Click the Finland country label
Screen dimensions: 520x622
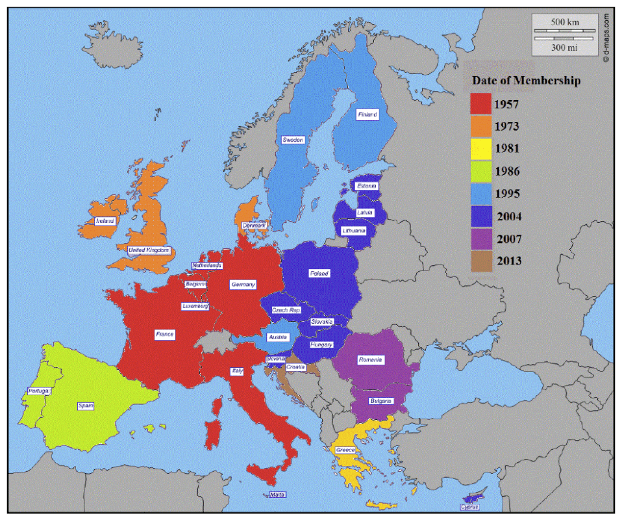click(367, 115)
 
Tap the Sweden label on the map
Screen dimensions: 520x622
click(292, 140)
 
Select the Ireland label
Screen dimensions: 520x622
click(105, 221)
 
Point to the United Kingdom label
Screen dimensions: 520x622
click(149, 250)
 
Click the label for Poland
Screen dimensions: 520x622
click(319, 274)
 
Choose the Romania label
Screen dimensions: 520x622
click(371, 359)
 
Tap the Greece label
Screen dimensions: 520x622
click(345, 450)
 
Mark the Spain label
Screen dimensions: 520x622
click(86, 406)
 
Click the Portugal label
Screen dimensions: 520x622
click(39, 391)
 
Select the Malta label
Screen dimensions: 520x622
click(277, 495)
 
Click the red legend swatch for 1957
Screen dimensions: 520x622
click(481, 104)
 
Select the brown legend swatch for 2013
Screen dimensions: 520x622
click(481, 261)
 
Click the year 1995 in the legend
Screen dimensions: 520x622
click(506, 194)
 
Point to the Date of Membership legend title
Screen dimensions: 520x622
click(526, 81)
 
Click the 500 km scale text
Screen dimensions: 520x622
click(564, 22)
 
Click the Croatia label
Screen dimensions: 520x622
click(295, 367)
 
